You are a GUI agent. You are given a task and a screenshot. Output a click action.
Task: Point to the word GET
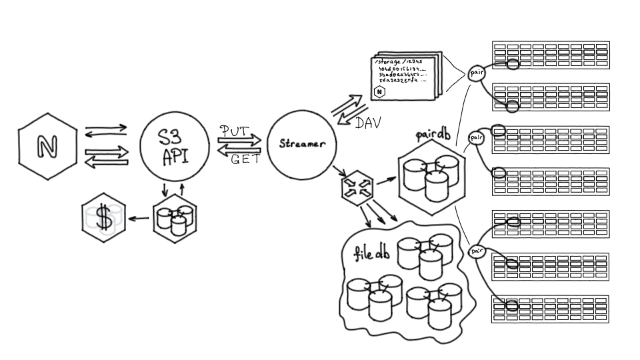pyautogui.click(x=245, y=159)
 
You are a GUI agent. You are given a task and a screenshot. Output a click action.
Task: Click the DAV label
pyautogui.click(x=368, y=123)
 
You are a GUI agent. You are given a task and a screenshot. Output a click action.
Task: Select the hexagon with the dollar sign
pyautogui.click(x=104, y=217)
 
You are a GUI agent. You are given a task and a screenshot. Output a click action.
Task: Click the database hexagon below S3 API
pyautogui.click(x=175, y=219)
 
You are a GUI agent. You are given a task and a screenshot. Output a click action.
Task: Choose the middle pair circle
pyautogui.click(x=476, y=138)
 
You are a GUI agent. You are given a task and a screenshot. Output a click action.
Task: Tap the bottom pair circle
pyautogui.click(x=477, y=251)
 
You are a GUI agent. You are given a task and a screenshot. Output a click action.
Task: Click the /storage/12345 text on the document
pyautogui.click(x=398, y=62)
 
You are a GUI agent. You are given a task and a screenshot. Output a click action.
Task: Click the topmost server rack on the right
pyautogui.click(x=551, y=55)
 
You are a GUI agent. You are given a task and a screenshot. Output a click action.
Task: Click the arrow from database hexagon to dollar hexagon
pyautogui.click(x=139, y=218)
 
